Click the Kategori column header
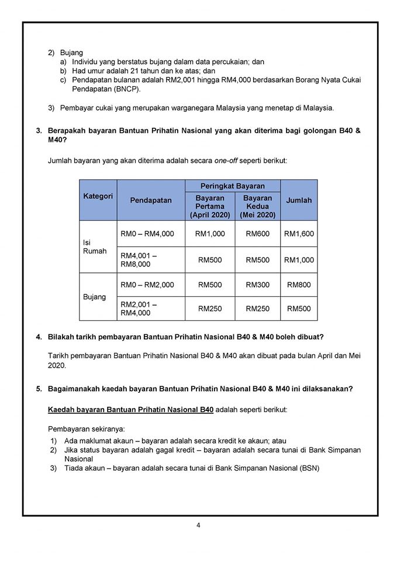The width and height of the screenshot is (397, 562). [x=98, y=196]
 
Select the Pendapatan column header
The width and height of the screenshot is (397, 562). [x=151, y=200]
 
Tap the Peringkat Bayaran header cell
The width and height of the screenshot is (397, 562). [x=233, y=186]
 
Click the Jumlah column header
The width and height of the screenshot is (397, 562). [x=299, y=200]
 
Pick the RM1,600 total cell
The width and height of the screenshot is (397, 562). [x=299, y=234]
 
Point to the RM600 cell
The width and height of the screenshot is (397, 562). [x=257, y=234]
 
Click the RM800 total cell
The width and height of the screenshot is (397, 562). [x=299, y=285]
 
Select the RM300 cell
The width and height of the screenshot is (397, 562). [x=257, y=285]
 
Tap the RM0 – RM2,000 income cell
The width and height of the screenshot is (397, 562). [x=147, y=285]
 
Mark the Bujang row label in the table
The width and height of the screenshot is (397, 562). [x=95, y=297]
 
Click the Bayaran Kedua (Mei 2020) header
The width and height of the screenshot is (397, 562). [x=257, y=207]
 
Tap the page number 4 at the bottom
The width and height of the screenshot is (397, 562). [x=198, y=525]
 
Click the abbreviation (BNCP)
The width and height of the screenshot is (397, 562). [x=123, y=89]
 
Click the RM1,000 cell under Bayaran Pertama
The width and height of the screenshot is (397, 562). [x=210, y=234]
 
